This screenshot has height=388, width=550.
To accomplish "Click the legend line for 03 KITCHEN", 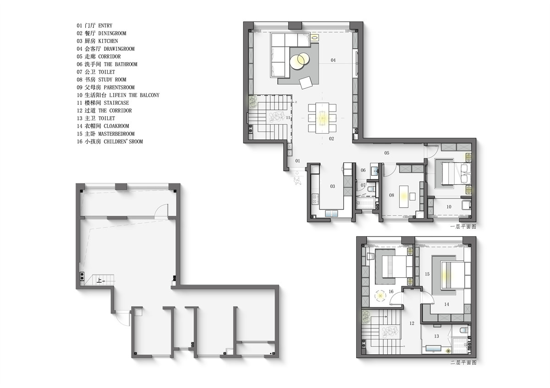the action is pos(97,41).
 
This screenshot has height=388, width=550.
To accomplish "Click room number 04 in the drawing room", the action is pos(333,60).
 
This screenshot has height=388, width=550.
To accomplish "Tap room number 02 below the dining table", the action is pos(331,139).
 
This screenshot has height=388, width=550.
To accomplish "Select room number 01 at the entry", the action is pos(297,161).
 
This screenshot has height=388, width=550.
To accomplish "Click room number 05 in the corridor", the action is pos(387,153).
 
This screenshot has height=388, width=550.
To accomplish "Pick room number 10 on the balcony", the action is pos(449,207).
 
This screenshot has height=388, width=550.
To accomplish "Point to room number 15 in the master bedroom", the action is pos(427,274).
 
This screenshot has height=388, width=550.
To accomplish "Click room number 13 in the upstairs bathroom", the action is pos(436,336).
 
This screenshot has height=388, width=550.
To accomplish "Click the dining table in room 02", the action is pos(322,118).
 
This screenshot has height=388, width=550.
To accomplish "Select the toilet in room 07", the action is pos(371,189).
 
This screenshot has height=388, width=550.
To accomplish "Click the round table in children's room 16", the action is pos(380,296).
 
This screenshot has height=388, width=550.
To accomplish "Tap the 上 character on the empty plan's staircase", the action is pos(99,280).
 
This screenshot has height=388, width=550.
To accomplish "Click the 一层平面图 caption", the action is pos(463,227).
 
